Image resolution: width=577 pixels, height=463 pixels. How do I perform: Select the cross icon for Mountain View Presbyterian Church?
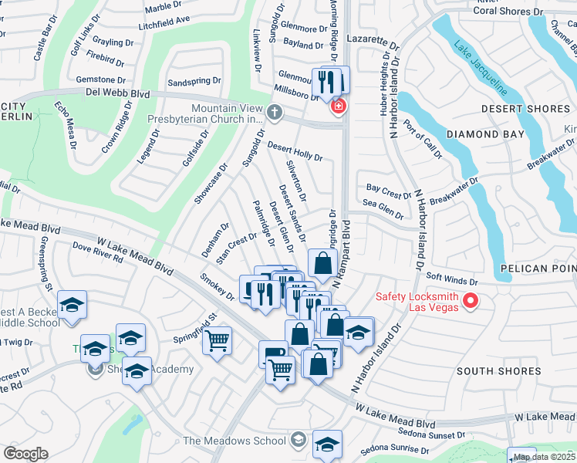pos(274,113)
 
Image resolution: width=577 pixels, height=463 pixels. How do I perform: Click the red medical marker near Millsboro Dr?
pos(337,106)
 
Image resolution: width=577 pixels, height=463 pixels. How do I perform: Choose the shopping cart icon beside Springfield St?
pos(218,340)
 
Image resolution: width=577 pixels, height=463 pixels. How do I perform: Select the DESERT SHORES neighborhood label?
pos(525,109)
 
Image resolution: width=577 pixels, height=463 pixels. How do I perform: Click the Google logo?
pos(25,454)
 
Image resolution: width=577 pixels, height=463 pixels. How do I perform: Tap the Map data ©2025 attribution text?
pos(545,457)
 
